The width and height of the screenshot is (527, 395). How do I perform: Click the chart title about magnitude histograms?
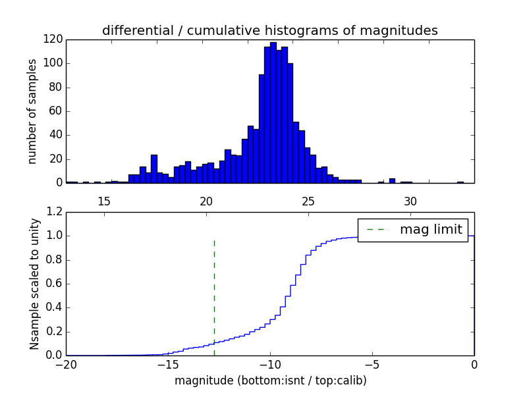269,30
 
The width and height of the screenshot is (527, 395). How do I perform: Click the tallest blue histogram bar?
273,112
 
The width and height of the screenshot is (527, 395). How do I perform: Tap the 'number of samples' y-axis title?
32,111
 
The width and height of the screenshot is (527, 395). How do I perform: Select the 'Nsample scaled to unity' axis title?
34,283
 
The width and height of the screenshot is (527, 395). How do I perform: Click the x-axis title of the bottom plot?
270,381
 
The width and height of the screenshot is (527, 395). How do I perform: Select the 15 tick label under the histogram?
104,201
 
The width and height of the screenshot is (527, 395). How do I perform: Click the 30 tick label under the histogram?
410,201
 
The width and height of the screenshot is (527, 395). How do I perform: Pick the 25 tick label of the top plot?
308,201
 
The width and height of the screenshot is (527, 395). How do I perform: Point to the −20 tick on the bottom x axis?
66,364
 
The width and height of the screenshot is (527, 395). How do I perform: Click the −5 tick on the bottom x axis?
372,364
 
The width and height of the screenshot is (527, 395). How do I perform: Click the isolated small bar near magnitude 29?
392,180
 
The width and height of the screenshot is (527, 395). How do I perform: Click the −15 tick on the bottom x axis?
168,364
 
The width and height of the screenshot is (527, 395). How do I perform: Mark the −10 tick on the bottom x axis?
270,364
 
